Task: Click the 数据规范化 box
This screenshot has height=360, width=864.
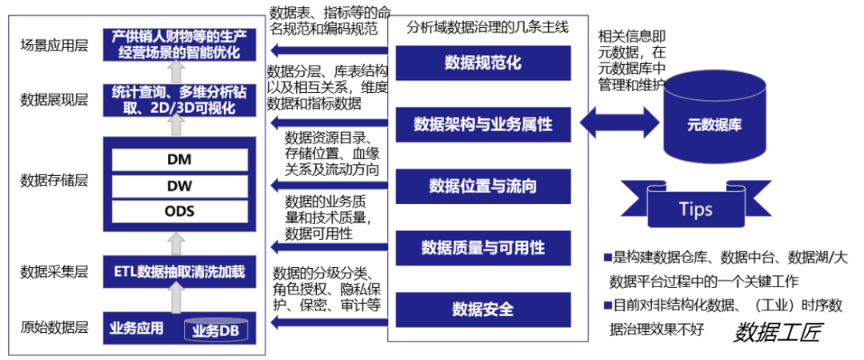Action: [x=482, y=63]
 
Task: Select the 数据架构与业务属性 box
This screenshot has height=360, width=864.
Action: [x=482, y=125]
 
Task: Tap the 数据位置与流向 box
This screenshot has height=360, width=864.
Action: [x=482, y=186]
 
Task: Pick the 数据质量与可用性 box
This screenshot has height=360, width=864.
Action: [x=482, y=246]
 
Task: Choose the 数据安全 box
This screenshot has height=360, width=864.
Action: [x=482, y=308]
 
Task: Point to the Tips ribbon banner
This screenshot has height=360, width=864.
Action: [x=695, y=208]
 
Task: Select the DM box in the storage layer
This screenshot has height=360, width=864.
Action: [x=179, y=158]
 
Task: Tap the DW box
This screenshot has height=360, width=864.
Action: [x=179, y=186]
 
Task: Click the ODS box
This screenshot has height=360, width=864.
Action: [x=179, y=211]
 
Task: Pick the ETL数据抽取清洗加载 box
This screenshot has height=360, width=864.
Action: [x=179, y=273]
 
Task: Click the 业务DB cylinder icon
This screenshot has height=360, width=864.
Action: [x=216, y=330]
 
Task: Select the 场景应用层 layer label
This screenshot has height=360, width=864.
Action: [x=54, y=45]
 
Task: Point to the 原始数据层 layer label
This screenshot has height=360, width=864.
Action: [x=54, y=328]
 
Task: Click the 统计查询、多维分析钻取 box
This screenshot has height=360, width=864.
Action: [x=179, y=99]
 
